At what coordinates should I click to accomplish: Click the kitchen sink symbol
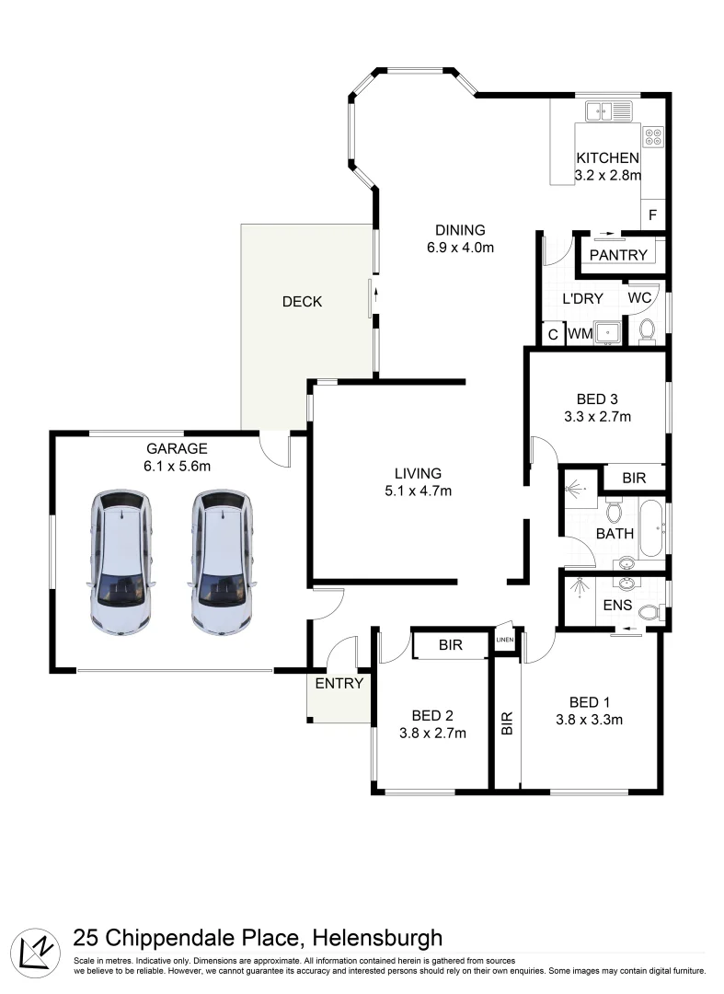[x=608, y=111]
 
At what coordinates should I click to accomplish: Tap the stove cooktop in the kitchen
[x=653, y=137]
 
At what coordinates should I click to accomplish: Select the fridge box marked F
[x=652, y=214]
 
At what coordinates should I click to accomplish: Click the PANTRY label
[x=618, y=255]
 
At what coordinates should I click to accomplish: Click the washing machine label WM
[x=580, y=333]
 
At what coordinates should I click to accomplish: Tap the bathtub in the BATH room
[x=652, y=528]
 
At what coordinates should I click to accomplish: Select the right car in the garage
[x=222, y=561]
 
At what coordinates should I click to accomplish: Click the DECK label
[x=302, y=302]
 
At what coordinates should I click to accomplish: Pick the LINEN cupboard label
[x=505, y=640]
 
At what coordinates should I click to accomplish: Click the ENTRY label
[x=339, y=683]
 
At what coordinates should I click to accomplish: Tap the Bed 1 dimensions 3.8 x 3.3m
[x=589, y=720]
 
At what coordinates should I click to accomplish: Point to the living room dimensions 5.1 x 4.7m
[x=418, y=491]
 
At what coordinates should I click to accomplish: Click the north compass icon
[x=36, y=953]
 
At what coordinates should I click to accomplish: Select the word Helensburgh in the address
[x=377, y=938]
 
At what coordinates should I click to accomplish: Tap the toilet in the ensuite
[x=649, y=612]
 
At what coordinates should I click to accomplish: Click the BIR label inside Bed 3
[x=634, y=478]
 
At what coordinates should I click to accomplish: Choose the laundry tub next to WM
[x=607, y=332]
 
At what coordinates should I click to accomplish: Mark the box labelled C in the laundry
[x=553, y=334]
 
